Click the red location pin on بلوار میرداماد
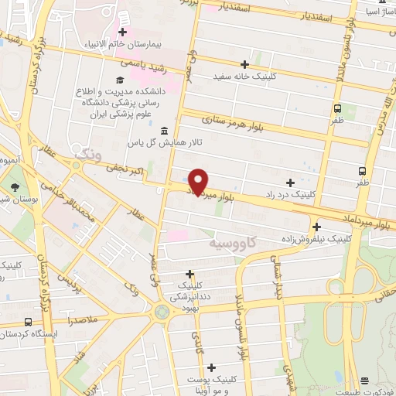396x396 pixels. pos(199,181)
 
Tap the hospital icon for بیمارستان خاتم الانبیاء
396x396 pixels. pos(122,32)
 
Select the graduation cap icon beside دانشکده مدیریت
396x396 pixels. pos(119,80)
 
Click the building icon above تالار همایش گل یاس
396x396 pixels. pos(163,130)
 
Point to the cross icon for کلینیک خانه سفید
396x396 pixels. pos(245,64)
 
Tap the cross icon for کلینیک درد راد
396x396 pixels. pos(290,183)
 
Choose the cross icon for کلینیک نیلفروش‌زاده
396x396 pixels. pos(316,227)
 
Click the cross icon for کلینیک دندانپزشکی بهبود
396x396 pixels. pos(190,274)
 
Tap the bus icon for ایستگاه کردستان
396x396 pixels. pos(29,323)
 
